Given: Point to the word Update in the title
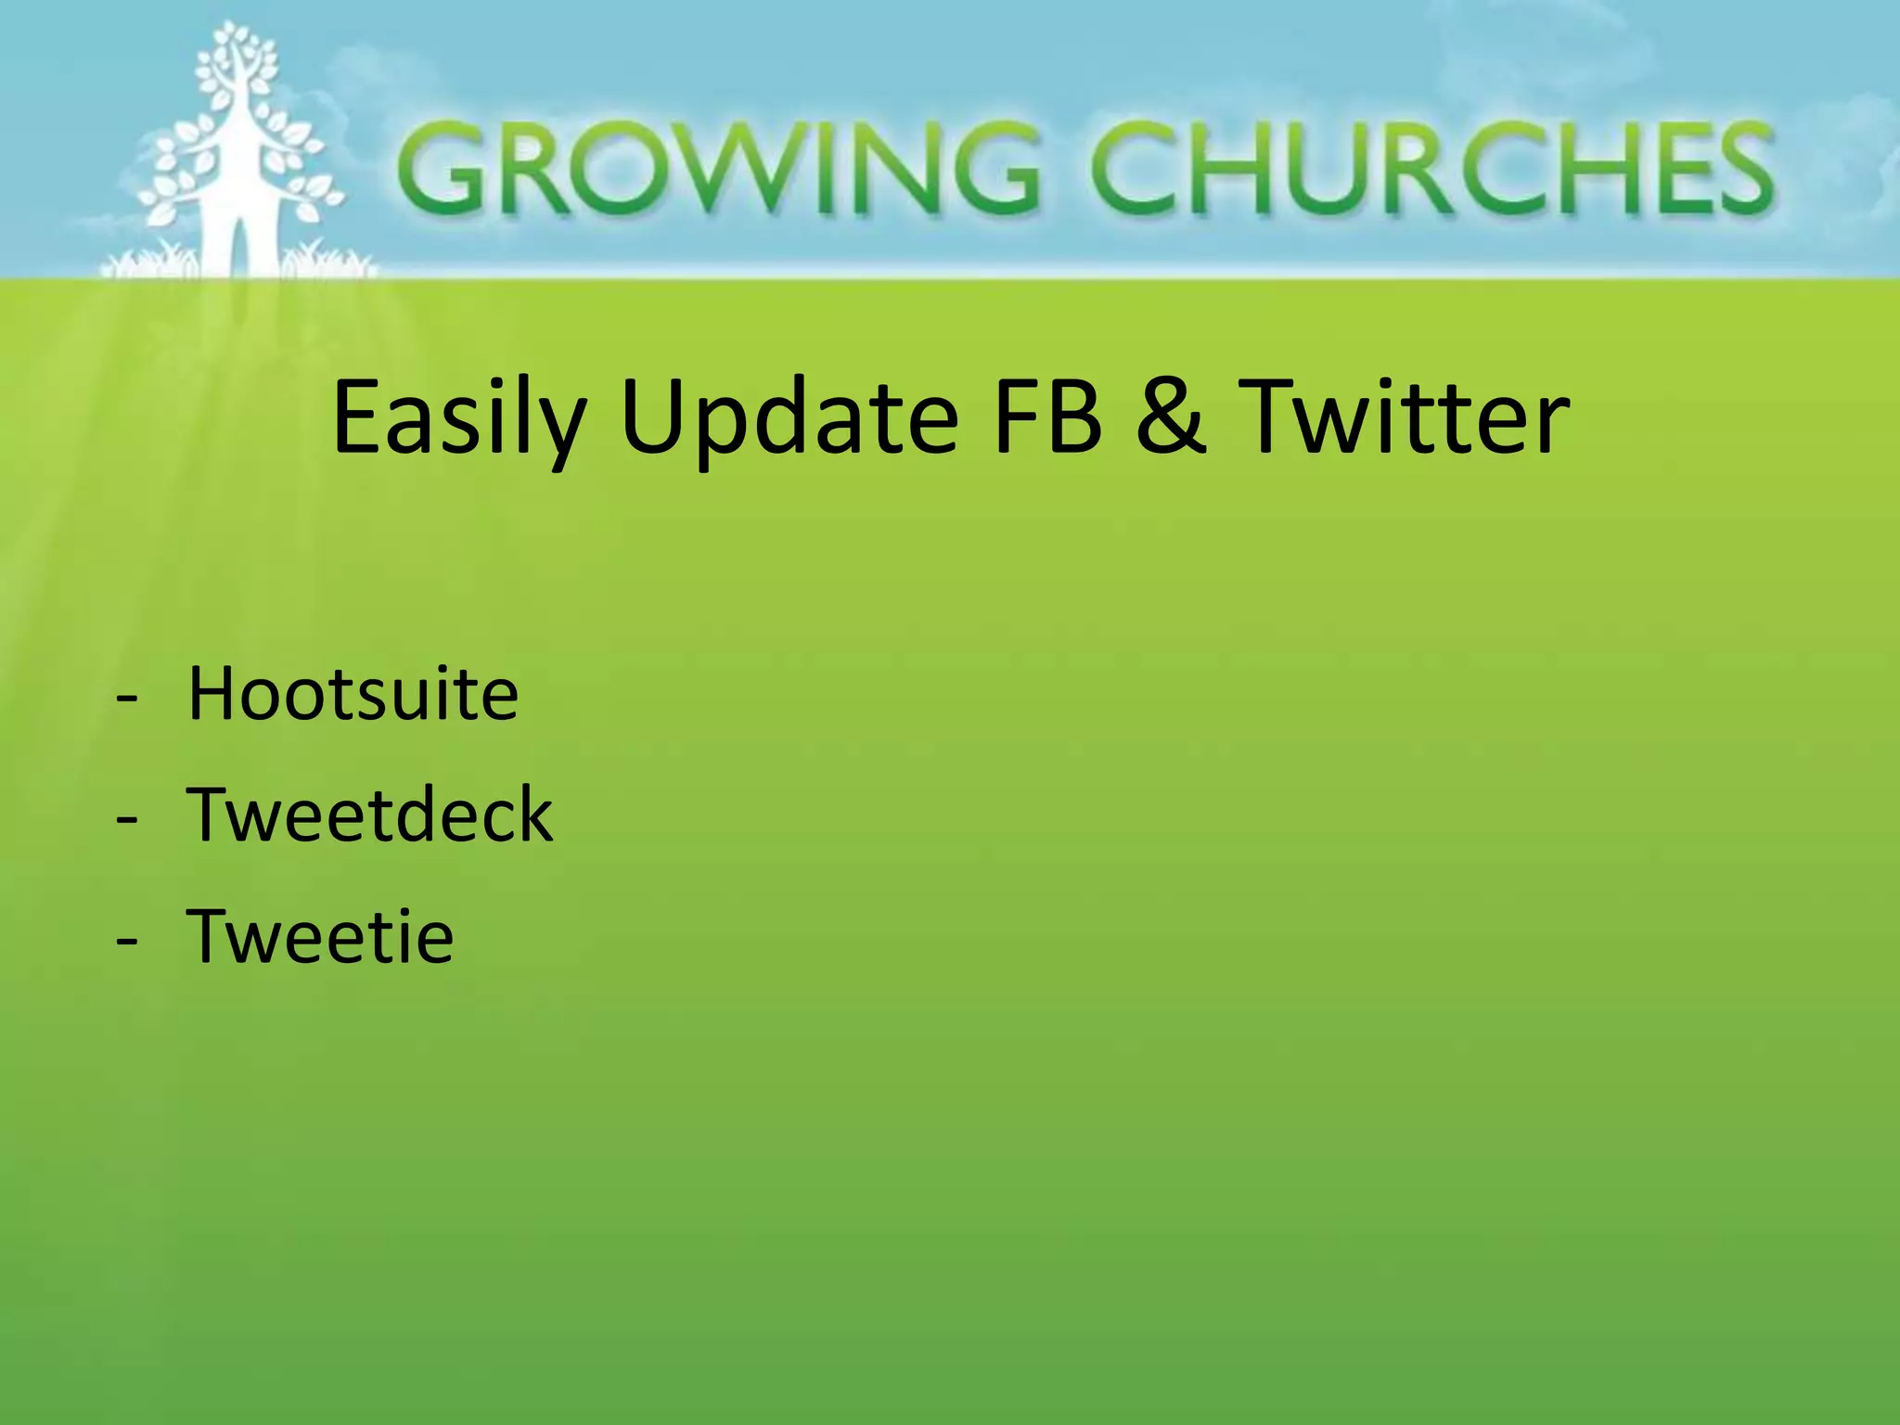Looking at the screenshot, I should pyautogui.click(x=789, y=417).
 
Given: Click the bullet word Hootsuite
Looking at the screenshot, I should pyautogui.click(x=353, y=693).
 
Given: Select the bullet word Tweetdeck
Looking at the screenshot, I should pyautogui.click(x=369, y=814).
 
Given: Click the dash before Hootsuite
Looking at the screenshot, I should pyautogui.click(x=127, y=700).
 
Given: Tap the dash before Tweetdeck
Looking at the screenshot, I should pyautogui.click(x=127, y=821).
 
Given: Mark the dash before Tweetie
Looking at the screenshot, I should pyautogui.click(x=127, y=943).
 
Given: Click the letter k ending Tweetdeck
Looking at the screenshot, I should pyautogui.click(x=533, y=814).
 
